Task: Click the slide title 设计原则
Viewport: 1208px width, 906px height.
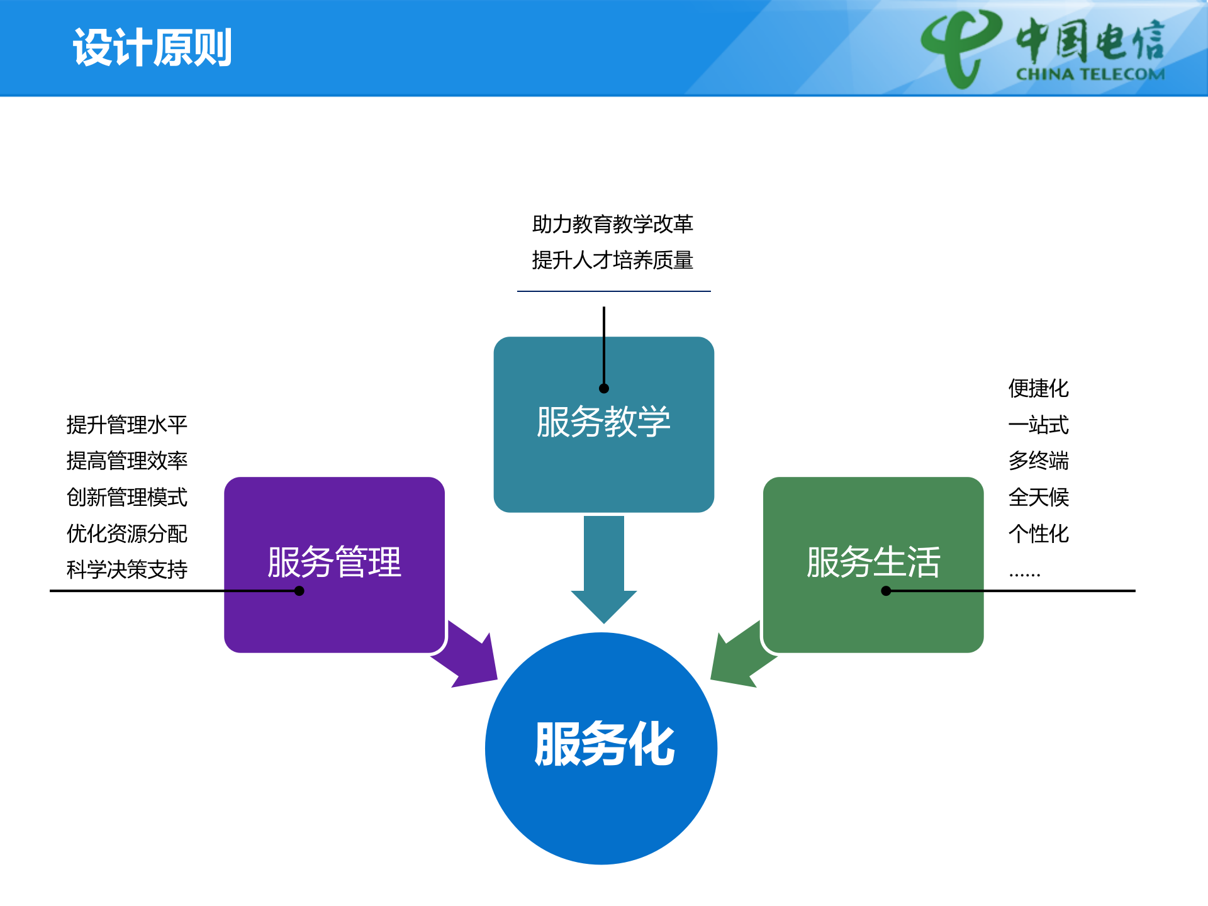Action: click(152, 48)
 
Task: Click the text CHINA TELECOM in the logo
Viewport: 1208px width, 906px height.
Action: click(1090, 74)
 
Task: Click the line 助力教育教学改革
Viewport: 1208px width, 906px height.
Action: click(612, 224)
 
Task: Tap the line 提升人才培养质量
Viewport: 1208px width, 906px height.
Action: click(612, 260)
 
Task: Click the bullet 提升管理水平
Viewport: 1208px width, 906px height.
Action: click(127, 425)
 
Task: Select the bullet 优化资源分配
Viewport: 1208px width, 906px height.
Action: click(127, 534)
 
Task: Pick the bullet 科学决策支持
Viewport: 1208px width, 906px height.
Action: click(127, 569)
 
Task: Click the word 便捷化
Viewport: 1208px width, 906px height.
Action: click(1038, 388)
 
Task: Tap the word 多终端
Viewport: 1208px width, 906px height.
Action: click(1038, 461)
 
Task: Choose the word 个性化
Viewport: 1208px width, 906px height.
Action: click(1038, 534)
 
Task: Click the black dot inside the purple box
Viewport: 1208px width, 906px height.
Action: click(299, 591)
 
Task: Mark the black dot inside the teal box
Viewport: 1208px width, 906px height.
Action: click(604, 388)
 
